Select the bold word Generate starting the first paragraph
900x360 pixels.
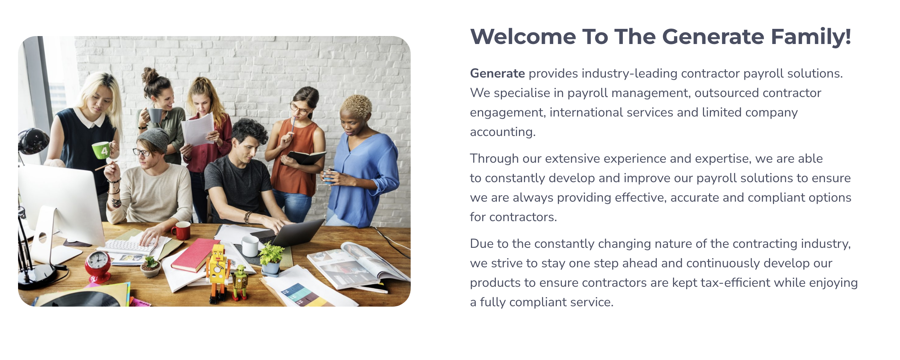coord(497,74)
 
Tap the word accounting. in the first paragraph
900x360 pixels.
coord(503,132)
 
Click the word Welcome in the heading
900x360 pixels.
coord(523,37)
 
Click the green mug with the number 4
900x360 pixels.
coord(101,150)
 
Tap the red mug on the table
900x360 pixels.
coord(181,231)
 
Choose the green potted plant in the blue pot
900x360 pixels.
coord(271,259)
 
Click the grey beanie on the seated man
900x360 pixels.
coord(154,139)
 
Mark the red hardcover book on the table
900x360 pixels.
coord(196,255)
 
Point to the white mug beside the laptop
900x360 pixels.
coord(250,246)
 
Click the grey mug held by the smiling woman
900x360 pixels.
coord(155,115)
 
